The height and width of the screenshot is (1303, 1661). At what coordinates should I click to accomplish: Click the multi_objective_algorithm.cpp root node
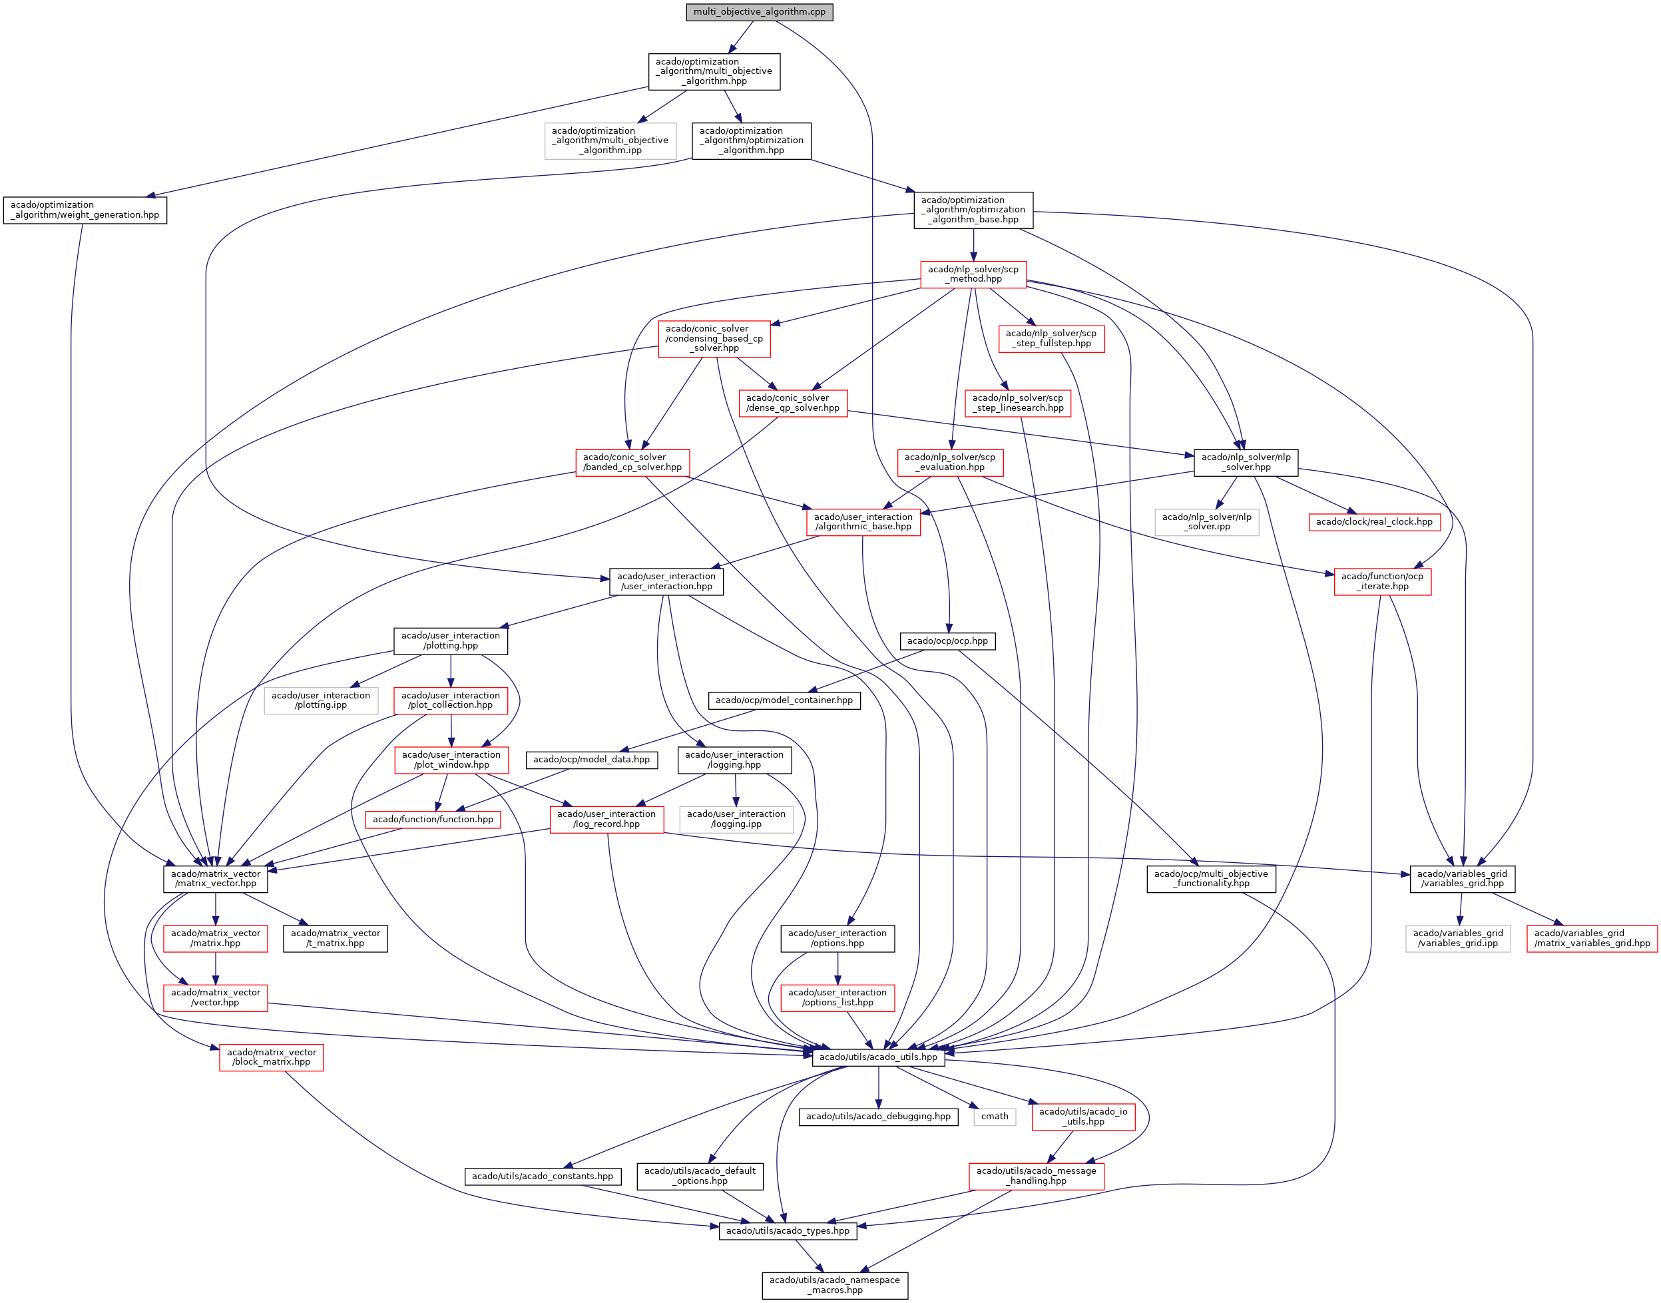point(759,12)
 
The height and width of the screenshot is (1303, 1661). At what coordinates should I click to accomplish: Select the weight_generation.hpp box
point(85,210)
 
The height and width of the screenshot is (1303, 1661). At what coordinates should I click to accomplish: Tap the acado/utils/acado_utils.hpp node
point(878,1057)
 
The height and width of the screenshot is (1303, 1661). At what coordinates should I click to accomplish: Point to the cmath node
point(995,1116)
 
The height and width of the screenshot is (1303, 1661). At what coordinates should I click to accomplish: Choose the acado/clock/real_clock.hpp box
point(1374,522)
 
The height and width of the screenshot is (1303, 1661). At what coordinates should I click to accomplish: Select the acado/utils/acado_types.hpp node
point(787,1230)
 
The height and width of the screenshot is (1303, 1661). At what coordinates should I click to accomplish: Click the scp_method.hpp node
point(973,274)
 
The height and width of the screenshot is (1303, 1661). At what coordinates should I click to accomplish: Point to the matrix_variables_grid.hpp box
point(1592,938)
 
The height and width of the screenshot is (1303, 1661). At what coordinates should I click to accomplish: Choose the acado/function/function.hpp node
point(433,820)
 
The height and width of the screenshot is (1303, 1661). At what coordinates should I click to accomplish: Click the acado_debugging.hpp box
point(878,1116)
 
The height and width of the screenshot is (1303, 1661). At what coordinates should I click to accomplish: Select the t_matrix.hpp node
point(335,938)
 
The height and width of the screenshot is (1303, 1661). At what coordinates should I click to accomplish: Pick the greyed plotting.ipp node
point(321,700)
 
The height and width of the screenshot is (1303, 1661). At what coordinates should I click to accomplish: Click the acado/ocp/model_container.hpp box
point(784,700)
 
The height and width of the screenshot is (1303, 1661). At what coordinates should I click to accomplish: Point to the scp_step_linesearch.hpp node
point(1017,403)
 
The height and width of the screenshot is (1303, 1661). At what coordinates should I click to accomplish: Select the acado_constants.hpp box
point(542,1176)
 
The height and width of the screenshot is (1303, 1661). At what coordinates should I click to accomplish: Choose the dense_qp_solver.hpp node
point(792,403)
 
